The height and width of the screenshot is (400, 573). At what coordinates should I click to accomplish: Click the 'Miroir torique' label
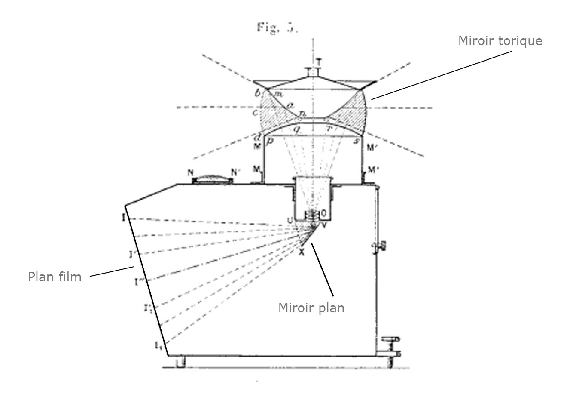click(500, 41)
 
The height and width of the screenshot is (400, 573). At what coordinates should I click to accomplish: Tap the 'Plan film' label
click(55, 277)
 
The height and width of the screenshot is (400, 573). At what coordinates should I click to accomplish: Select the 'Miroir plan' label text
click(311, 308)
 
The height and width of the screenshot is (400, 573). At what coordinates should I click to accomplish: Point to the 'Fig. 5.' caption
click(277, 28)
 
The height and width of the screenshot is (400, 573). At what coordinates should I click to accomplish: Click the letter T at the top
click(318, 62)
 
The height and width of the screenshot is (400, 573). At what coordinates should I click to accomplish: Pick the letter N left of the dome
click(191, 172)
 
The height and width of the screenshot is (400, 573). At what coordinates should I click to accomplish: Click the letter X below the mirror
click(302, 253)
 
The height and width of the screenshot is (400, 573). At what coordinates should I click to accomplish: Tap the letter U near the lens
click(290, 221)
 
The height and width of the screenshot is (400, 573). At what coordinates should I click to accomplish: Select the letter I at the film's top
click(123, 218)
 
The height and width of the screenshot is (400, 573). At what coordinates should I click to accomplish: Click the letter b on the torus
click(257, 93)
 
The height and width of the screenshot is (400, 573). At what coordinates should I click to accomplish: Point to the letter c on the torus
click(255, 113)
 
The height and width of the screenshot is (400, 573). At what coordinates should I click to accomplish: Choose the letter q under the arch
click(296, 128)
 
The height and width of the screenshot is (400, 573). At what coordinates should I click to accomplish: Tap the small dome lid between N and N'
click(212, 178)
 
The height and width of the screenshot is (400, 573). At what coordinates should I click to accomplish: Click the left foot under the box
click(180, 362)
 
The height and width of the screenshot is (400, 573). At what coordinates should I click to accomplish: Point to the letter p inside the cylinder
click(270, 141)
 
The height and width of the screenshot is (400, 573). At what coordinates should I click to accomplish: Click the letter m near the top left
click(278, 93)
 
